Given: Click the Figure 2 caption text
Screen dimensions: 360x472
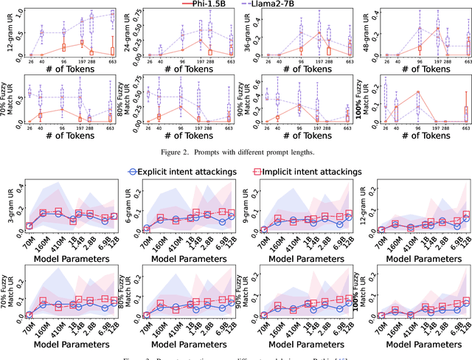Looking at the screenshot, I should (236, 151).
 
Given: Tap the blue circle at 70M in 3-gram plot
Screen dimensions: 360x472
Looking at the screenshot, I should (29, 226).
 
